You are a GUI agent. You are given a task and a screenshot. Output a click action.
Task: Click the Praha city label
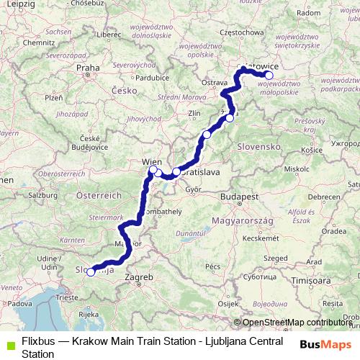click(x=88, y=68)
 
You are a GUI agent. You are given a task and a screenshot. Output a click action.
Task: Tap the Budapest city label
click(x=240, y=196)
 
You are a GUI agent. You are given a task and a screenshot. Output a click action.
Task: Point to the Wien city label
click(x=151, y=161)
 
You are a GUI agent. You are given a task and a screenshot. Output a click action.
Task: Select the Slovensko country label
click(x=258, y=146)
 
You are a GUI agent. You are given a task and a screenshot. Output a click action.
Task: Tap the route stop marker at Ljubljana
click(x=91, y=272)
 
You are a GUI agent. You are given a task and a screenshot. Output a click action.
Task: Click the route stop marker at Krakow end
click(x=269, y=75)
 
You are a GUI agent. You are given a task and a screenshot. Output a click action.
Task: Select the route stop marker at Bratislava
click(x=176, y=171)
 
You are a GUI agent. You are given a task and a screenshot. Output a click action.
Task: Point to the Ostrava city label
click(x=214, y=83)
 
